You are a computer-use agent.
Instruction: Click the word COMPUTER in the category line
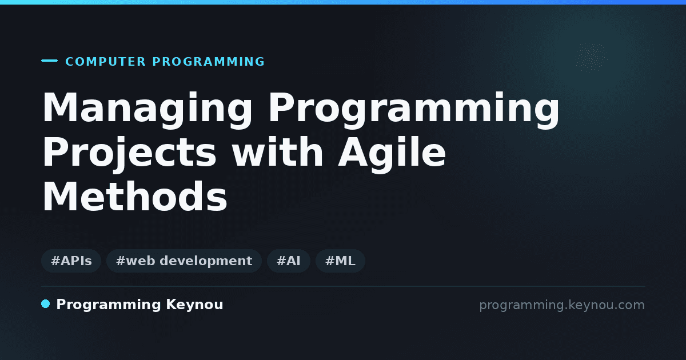105,62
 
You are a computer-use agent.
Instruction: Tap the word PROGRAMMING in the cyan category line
208,62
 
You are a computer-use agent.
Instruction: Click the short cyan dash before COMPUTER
49,61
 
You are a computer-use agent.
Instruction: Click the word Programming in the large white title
414,110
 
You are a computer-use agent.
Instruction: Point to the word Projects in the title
130,154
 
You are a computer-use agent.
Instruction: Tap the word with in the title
277,152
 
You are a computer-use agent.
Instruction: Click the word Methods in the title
135,197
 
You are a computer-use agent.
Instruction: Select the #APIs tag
71,261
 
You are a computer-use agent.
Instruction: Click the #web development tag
184,261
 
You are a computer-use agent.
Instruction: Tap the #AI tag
289,261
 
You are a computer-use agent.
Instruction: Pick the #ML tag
340,261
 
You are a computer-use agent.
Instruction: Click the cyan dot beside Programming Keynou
45,304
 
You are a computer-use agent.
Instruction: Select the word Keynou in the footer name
194,305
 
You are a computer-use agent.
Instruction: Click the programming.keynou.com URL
562,305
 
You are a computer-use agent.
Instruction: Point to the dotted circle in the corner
591,58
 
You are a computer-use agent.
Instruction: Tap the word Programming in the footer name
109,305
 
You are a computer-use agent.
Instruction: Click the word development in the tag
206,261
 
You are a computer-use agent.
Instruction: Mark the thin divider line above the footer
343,286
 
